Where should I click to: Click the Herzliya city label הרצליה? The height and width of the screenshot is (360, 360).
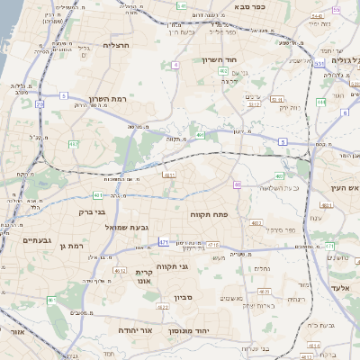117,45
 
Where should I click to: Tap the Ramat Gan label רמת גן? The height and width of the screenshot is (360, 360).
68,245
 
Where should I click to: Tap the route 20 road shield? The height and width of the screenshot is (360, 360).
40,104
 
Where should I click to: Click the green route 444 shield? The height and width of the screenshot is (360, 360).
320,102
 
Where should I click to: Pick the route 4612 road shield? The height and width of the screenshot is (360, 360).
120,270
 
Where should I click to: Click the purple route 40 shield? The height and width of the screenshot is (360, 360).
237,184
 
